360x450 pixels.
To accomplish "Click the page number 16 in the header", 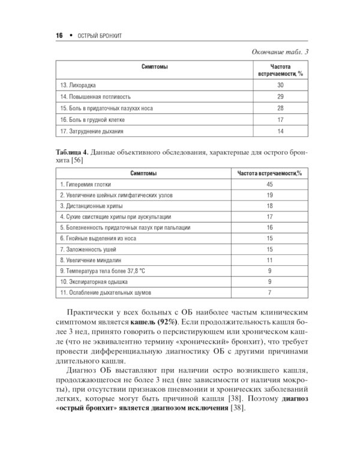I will coord(59,36).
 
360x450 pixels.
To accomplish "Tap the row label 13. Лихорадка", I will coord(80,85).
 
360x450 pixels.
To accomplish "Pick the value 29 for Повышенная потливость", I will coord(280,97).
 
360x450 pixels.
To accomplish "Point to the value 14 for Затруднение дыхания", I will coord(280,131).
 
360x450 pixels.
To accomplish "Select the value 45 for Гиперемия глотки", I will coord(269,185).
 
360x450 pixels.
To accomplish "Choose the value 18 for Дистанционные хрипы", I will coord(269,206).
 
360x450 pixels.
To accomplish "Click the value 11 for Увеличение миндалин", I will coord(269,260).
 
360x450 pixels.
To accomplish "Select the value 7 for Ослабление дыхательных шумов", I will coord(269,292).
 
